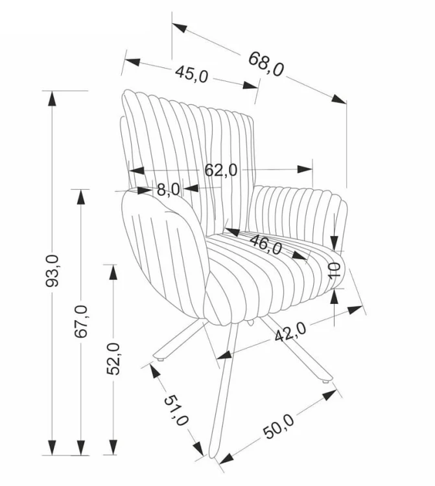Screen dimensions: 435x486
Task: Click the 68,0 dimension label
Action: (x=266, y=64)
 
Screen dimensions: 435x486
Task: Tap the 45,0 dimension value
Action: (x=192, y=75)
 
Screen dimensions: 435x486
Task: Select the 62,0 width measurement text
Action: (x=221, y=170)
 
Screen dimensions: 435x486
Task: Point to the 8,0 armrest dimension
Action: (x=169, y=189)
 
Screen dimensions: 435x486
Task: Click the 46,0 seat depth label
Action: (x=266, y=244)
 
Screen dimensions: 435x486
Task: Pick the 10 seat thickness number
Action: (x=335, y=270)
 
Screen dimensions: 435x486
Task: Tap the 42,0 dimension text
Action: (x=290, y=332)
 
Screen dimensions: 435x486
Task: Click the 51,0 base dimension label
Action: (x=176, y=410)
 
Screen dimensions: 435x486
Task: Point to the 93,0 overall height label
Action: (x=51, y=271)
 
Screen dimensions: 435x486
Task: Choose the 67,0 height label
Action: (x=81, y=321)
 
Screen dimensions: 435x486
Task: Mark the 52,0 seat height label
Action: (x=113, y=358)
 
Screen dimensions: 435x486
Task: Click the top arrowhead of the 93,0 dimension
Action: (x=52, y=98)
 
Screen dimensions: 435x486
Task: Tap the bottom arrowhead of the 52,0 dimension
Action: (x=113, y=447)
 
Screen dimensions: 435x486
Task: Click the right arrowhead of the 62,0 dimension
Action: (x=305, y=169)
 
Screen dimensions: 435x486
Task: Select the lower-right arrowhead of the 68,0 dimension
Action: (x=338, y=99)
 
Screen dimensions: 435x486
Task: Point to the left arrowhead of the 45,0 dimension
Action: (x=132, y=62)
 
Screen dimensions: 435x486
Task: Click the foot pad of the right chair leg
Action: (x=325, y=382)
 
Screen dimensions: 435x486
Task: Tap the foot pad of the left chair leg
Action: (x=161, y=360)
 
